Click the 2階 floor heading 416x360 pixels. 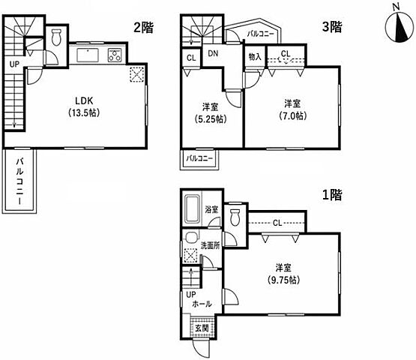pyautogui.click(x=143, y=27)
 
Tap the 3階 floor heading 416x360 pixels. pyautogui.click(x=332, y=26)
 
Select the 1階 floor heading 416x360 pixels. pyautogui.click(x=332, y=195)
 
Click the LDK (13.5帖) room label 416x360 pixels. pyautogui.click(x=84, y=106)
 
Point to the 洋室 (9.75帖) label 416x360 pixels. pyautogui.click(x=283, y=274)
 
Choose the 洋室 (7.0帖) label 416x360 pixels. pyautogui.click(x=292, y=109)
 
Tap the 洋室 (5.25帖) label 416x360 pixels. pyautogui.click(x=211, y=113)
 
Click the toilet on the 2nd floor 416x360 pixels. pyautogui.click(x=56, y=37)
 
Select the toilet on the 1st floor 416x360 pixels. pyautogui.click(x=235, y=217)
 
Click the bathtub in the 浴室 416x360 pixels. pyautogui.click(x=193, y=209)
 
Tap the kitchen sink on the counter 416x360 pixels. pyautogui.click(x=88, y=55)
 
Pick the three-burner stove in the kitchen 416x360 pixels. pyautogui.click(x=115, y=55)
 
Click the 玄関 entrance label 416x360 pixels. pyautogui.click(x=202, y=328)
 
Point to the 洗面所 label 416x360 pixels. pyautogui.click(x=210, y=245)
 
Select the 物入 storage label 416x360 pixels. pyautogui.click(x=255, y=56)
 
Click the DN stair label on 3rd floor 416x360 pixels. pyautogui.click(x=213, y=54)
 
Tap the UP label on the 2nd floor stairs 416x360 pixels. pyautogui.click(x=14, y=64)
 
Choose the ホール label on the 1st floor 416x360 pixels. pyautogui.click(x=202, y=304)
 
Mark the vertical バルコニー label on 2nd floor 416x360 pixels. pyautogui.click(x=19, y=181)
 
